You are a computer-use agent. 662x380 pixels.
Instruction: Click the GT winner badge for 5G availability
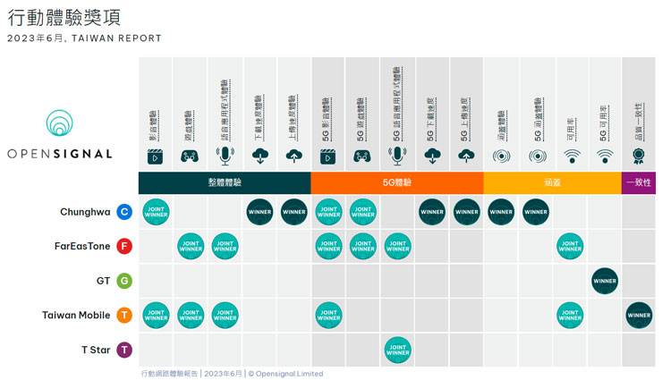pyautogui.click(x=605, y=281)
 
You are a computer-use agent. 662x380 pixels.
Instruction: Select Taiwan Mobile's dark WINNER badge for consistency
pyautogui.click(x=639, y=315)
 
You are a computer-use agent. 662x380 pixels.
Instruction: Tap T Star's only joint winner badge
pyautogui.click(x=397, y=350)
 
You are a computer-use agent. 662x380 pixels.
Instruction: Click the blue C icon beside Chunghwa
pyautogui.click(x=124, y=212)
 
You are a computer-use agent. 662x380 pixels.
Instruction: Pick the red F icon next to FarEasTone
pyautogui.click(x=124, y=246)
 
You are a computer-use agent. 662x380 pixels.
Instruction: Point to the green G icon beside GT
pyautogui.click(x=124, y=281)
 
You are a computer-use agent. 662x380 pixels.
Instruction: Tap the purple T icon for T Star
pyautogui.click(x=124, y=350)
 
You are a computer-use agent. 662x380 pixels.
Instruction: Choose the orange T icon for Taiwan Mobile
pyautogui.click(x=124, y=315)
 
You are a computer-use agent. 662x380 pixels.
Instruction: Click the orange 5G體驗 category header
pyautogui.click(x=397, y=182)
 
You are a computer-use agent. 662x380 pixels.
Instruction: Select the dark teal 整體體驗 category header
pyautogui.click(x=225, y=182)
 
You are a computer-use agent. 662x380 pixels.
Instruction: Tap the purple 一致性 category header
pyautogui.click(x=639, y=182)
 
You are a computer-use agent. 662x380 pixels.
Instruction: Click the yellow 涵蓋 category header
pyautogui.click(x=552, y=182)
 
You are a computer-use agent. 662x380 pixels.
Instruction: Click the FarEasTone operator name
pyautogui.click(x=81, y=246)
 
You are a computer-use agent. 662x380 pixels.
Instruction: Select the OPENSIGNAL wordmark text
pyautogui.click(x=60, y=154)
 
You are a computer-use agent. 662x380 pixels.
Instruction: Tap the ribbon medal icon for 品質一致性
pyautogui.click(x=639, y=156)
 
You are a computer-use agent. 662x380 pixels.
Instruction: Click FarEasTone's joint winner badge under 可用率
pyautogui.click(x=570, y=246)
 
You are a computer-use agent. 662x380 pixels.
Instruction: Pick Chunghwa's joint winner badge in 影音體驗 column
pyautogui.click(x=156, y=212)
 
